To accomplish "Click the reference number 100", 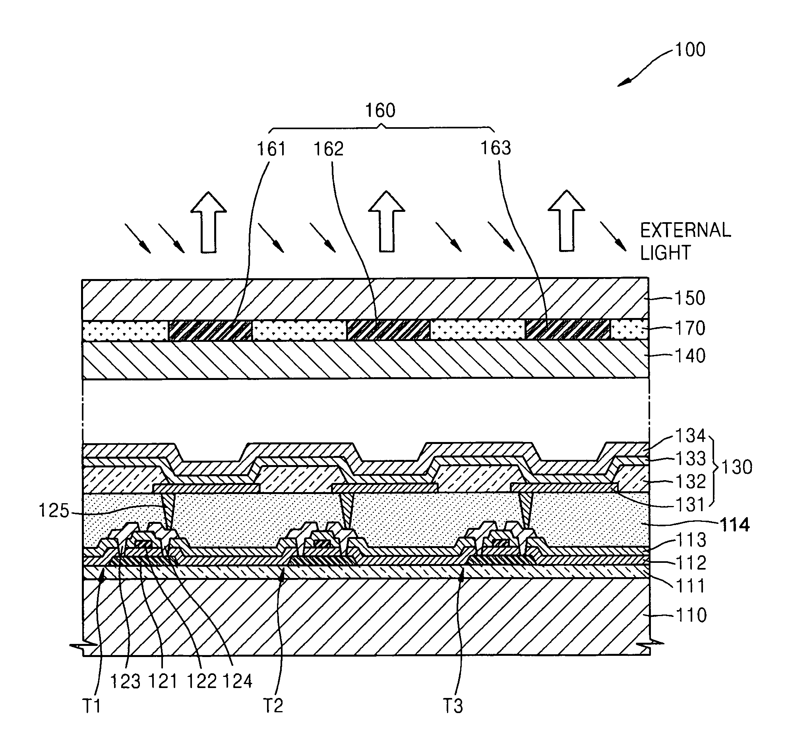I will click(690, 50).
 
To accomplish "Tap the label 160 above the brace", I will click(380, 110).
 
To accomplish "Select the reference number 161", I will click(271, 149).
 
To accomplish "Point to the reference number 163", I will click(496, 148).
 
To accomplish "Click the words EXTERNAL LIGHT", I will click(685, 241).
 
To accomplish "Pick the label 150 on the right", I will click(690, 298).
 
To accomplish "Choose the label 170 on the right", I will click(690, 328).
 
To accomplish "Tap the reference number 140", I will click(690, 356).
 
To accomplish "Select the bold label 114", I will click(734, 525).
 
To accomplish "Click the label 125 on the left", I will click(54, 511).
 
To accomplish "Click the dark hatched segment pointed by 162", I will click(388, 330).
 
